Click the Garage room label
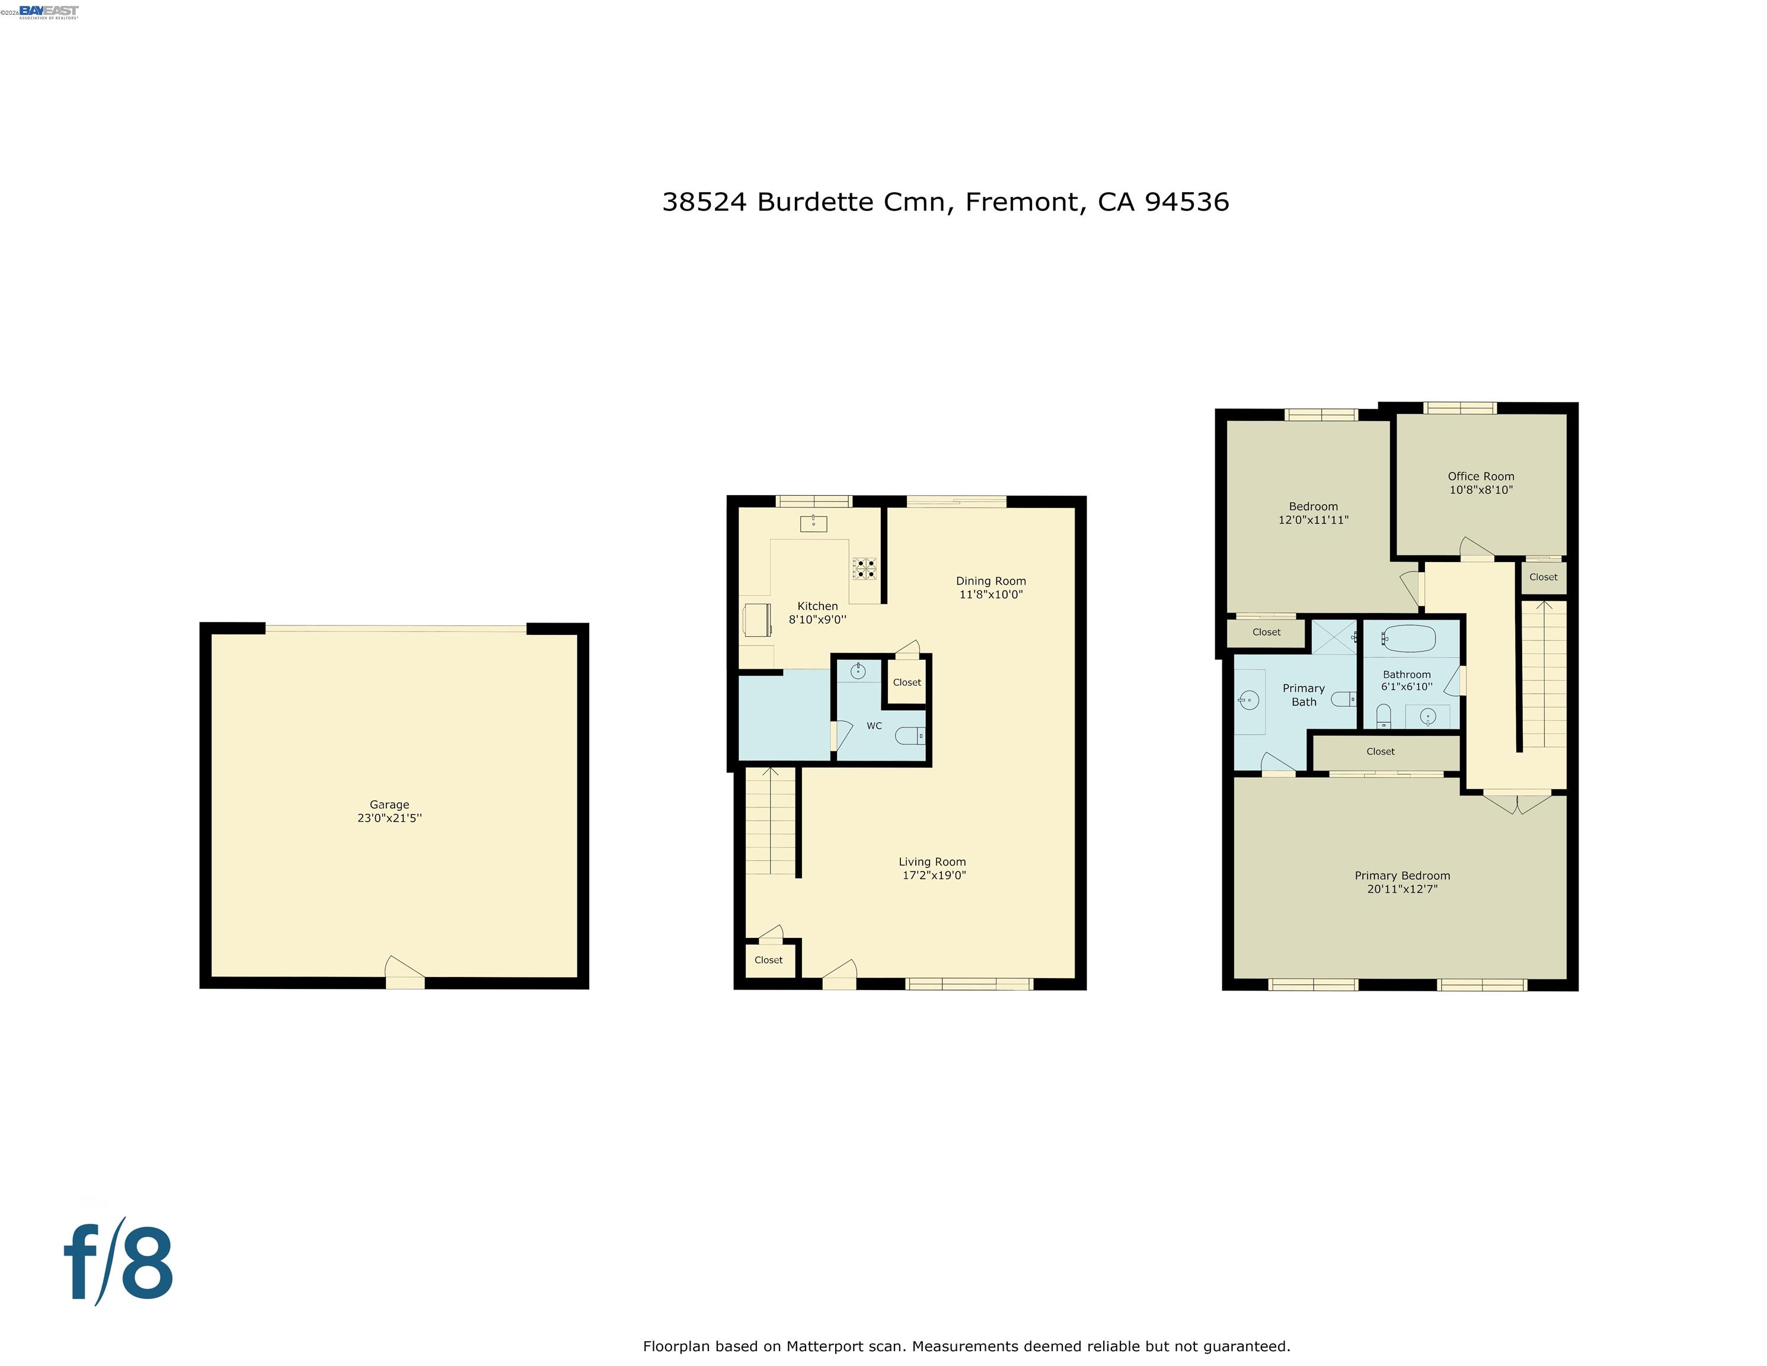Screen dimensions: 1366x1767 389,805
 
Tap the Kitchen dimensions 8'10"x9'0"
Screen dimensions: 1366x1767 817,620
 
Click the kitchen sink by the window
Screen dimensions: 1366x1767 813,524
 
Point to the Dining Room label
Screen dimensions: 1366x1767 990,581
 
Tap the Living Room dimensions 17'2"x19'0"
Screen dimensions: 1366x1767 934,875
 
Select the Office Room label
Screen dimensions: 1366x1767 1481,477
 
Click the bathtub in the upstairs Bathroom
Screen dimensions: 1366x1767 1408,639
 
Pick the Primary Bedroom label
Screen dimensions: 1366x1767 1402,876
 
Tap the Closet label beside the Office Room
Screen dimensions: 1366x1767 1543,577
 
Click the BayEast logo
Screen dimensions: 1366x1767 49,11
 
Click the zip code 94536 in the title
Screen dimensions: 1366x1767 1186,202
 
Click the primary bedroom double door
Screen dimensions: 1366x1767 1517,802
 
